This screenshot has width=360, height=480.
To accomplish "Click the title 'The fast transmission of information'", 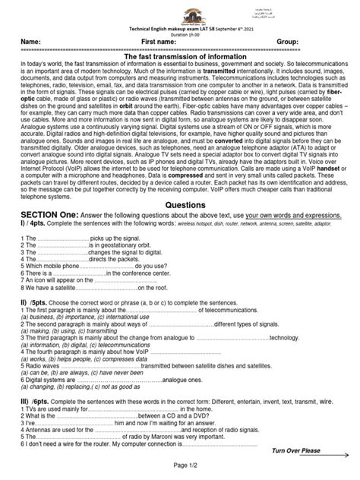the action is [181, 57].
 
